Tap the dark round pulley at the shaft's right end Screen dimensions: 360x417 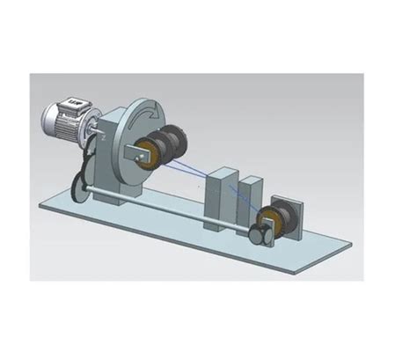coord(257,235)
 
